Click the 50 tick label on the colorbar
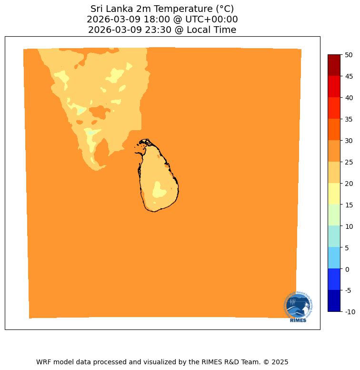click(x=349, y=55)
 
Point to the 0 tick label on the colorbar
click(x=348, y=269)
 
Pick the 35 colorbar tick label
click(x=349, y=119)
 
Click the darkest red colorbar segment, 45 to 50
click(x=334, y=65)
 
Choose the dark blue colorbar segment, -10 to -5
click(x=334, y=301)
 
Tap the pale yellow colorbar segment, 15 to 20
click(x=334, y=194)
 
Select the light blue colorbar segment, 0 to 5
click(x=334, y=258)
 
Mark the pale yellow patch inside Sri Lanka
click(x=159, y=190)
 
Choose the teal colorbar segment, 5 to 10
click(x=334, y=236)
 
